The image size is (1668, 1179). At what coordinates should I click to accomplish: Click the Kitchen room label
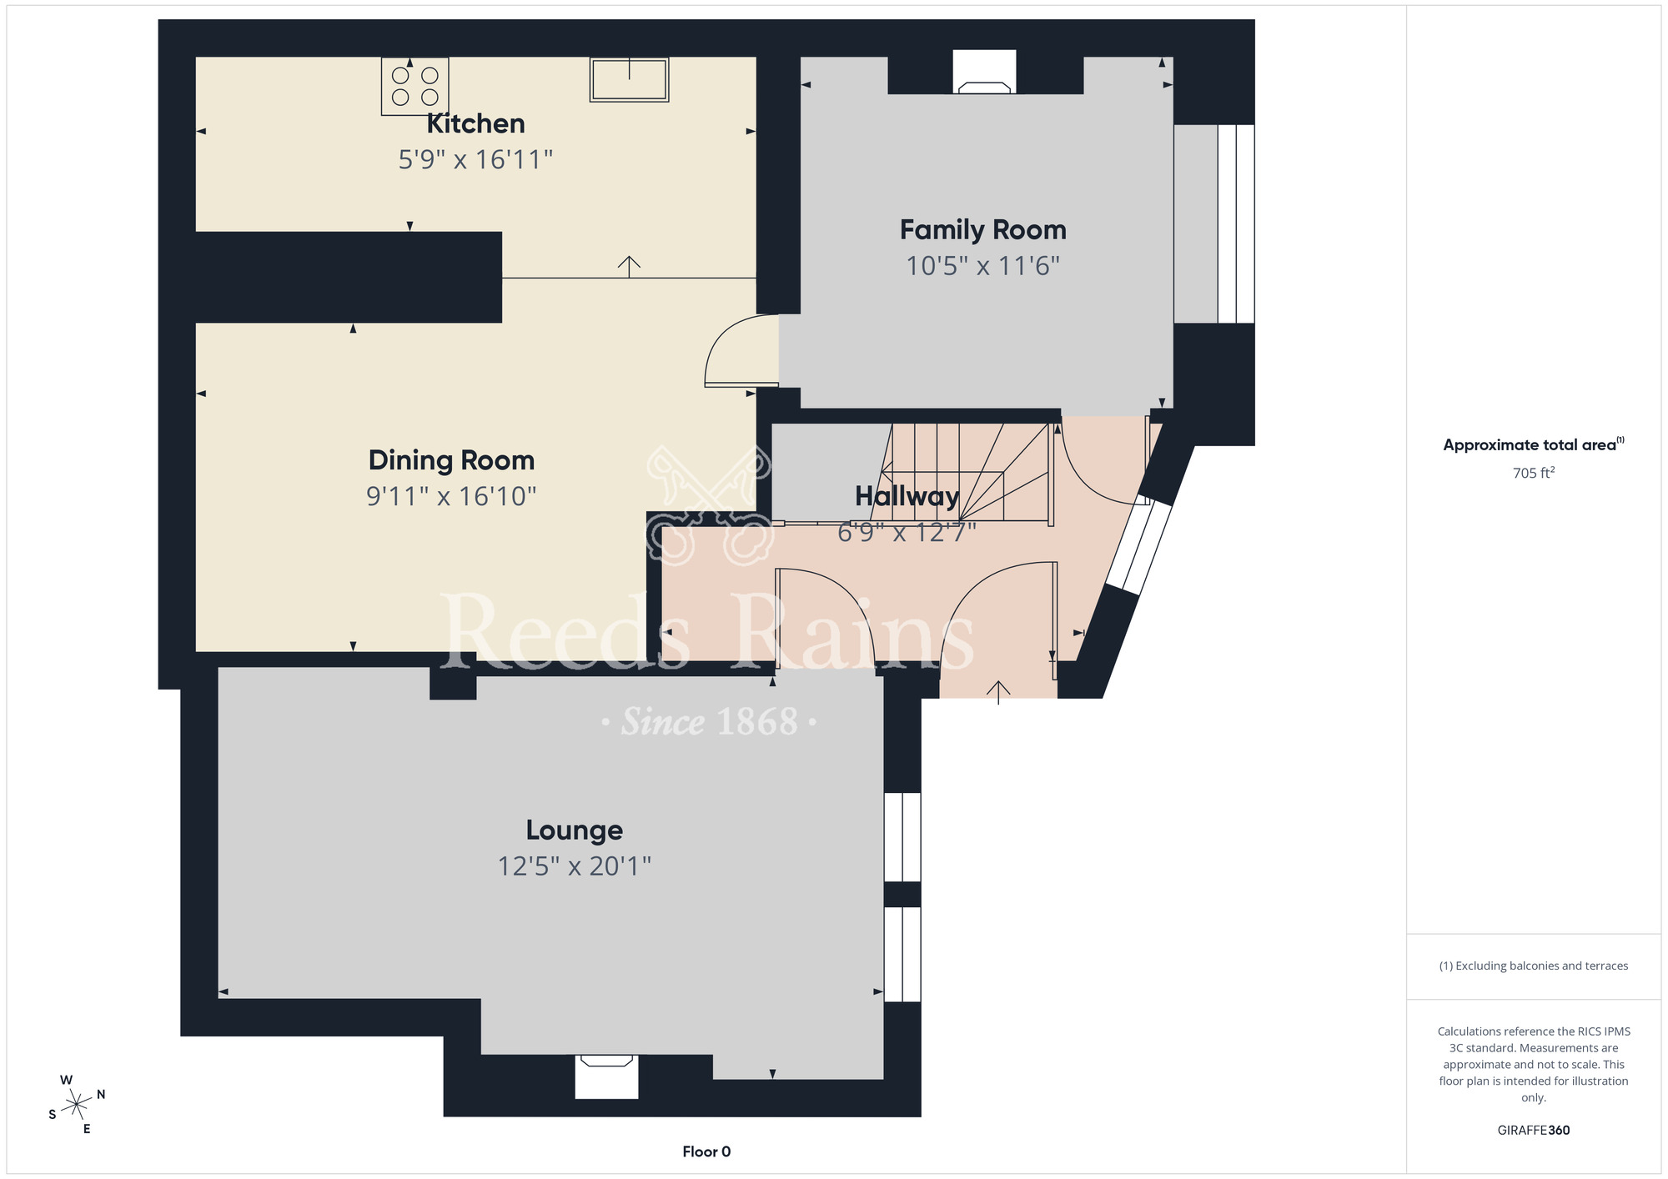pos(475,123)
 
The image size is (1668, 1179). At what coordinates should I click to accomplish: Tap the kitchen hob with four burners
pos(414,87)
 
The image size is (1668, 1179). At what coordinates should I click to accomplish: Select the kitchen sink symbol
pos(629,80)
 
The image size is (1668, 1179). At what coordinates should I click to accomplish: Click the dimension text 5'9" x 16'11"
pos(475,159)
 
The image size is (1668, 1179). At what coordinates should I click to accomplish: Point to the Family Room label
pos(982,229)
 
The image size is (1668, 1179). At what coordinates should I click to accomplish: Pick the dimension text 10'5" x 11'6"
pos(982,266)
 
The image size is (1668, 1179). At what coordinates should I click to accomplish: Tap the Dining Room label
pos(451,460)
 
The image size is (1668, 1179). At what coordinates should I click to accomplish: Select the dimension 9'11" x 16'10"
pos(451,496)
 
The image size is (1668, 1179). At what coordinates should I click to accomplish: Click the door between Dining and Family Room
pos(738,354)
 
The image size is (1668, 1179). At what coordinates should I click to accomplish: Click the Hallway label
pos(907,496)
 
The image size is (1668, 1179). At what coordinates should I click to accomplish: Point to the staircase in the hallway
pos(972,471)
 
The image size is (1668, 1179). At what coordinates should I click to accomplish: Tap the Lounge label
pos(574,830)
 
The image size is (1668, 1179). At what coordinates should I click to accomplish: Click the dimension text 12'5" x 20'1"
pos(574,866)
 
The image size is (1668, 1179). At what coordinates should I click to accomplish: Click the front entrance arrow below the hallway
pos(998,691)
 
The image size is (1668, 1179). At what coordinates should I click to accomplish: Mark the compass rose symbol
pos(77,1105)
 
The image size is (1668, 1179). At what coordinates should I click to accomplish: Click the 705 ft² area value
pos(1533,473)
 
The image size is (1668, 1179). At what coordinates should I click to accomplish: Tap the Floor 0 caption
pos(706,1151)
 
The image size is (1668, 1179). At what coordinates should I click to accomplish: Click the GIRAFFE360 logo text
pos(1533,1130)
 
